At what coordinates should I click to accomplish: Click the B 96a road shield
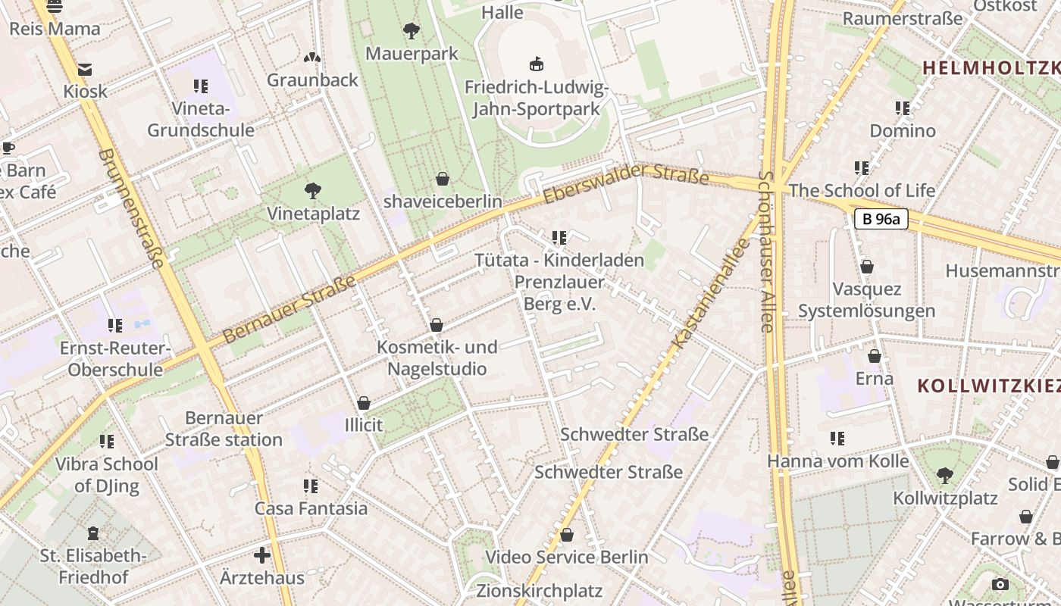(881, 220)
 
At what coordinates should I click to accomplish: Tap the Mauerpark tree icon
(412, 31)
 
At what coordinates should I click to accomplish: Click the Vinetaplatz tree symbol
(312, 190)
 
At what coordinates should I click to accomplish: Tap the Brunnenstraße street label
(131, 209)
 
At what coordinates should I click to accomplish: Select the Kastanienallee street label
(710, 295)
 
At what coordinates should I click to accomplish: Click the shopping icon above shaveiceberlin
(443, 179)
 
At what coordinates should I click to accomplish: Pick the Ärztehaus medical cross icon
(262, 555)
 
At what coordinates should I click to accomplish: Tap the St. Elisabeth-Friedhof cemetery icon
(92, 534)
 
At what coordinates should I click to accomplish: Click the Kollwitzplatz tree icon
(944, 476)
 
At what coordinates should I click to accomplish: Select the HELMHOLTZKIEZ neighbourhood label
(990, 67)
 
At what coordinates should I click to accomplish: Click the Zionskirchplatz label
(539, 591)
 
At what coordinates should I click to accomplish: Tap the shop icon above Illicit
(364, 403)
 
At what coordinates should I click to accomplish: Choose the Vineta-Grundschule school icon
(200, 86)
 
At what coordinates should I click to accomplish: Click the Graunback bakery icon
(311, 58)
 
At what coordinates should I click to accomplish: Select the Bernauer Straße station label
(224, 429)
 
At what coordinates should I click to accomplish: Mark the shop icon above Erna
(874, 356)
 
